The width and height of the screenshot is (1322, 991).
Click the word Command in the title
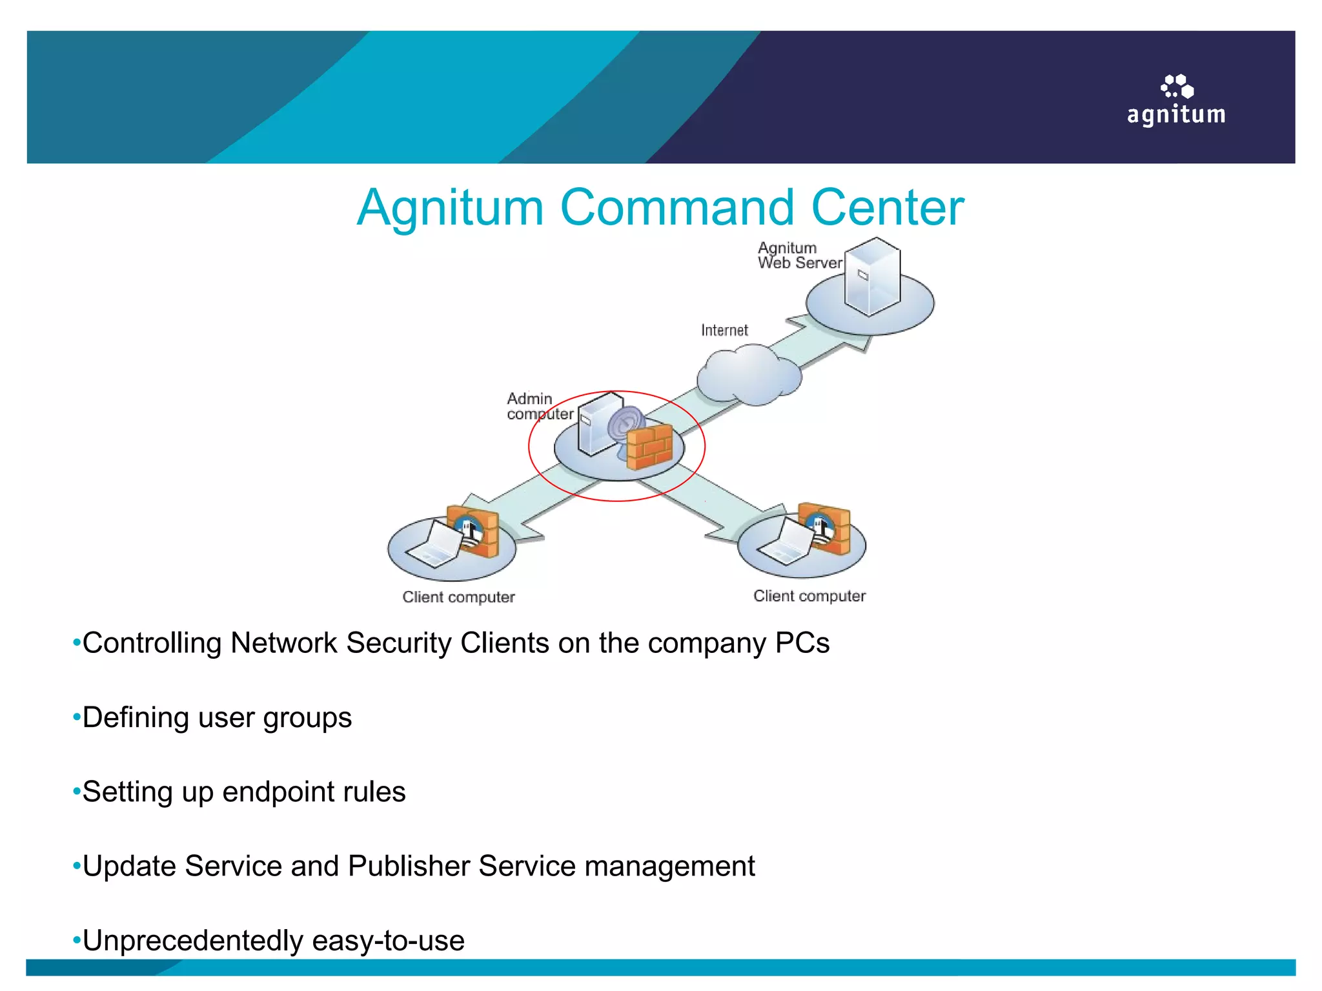tap(676, 208)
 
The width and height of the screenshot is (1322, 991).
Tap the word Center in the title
tap(887, 208)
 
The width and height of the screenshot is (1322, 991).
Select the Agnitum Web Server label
tap(799, 255)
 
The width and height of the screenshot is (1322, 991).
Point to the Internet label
tap(724, 330)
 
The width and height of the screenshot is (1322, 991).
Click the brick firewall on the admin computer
tap(649, 446)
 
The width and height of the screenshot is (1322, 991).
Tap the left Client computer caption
tap(458, 597)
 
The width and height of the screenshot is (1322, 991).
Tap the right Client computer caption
tap(809, 596)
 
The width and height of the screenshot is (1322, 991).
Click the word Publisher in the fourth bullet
tap(409, 866)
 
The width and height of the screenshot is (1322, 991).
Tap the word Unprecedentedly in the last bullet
tap(193, 941)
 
